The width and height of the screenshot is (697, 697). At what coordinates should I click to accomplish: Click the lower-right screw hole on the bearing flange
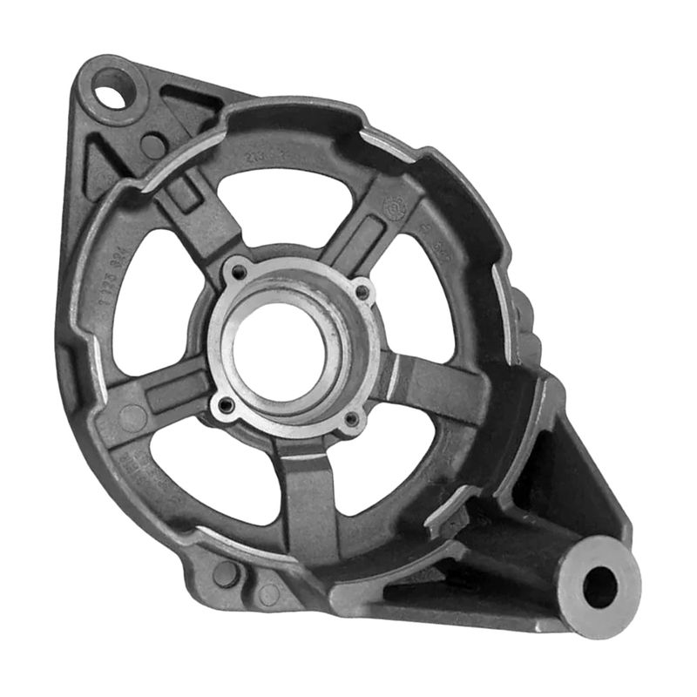(351, 421)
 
